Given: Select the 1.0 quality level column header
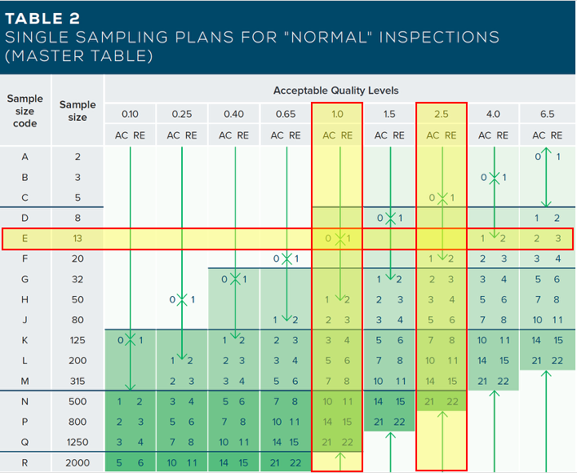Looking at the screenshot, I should [337, 114].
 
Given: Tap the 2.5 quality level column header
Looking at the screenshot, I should [442, 114].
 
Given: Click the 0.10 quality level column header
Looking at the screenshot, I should [130, 114].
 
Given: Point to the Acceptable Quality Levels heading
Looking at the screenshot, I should [336, 90].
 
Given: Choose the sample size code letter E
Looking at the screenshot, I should [25, 238].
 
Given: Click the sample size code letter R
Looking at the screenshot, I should [25, 462].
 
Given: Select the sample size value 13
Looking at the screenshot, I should [78, 238].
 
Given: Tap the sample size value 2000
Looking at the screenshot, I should [78, 462].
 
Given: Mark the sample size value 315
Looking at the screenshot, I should [78, 381].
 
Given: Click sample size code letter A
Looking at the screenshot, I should [25, 157].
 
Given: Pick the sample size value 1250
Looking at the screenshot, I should [78, 442].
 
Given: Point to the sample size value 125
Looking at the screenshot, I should [78, 340].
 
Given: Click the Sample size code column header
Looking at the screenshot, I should [25, 111].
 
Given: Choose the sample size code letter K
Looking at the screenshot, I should [25, 340].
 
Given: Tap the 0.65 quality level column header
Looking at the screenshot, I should [286, 114].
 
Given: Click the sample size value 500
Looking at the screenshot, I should [78, 401].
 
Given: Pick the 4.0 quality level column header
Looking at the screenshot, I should [494, 114].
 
